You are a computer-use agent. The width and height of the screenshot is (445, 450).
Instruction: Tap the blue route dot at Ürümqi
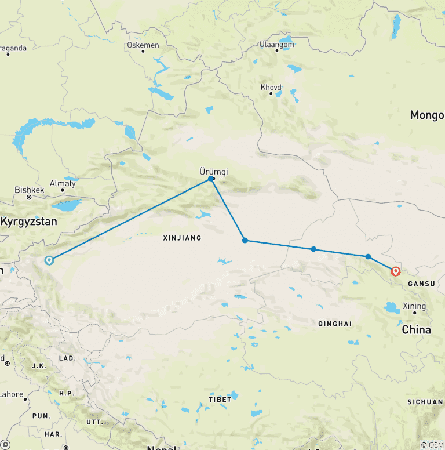(211, 179)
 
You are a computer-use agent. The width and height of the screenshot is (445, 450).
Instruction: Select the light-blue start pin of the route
(49, 260)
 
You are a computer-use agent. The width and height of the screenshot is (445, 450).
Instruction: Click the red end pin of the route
(396, 271)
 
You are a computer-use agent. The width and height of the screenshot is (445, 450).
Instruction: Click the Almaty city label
(63, 183)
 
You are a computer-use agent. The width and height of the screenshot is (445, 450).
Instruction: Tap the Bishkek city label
(29, 190)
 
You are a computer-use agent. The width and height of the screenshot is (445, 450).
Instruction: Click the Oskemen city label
(143, 43)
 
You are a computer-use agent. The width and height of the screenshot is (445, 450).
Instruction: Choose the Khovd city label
(271, 88)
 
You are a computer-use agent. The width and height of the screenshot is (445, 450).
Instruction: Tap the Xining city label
(415, 306)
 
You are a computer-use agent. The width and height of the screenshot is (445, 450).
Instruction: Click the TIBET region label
(220, 400)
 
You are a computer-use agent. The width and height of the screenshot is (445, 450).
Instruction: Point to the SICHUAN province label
(425, 402)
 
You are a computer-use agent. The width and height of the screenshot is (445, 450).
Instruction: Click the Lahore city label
(12, 395)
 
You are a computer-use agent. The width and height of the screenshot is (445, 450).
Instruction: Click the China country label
(417, 330)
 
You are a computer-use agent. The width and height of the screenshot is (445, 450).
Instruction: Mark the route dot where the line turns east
(245, 240)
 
